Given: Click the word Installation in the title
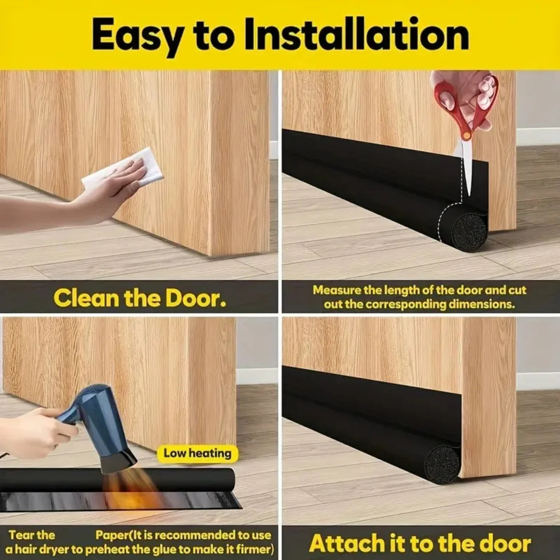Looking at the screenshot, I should point(356,35).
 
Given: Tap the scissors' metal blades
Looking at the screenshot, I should point(467,161).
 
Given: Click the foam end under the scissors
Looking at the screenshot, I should point(469,231).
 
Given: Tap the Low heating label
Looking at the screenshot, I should point(197,454).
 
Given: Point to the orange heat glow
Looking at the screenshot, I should point(130,490).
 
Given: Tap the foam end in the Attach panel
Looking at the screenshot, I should point(442,463).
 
